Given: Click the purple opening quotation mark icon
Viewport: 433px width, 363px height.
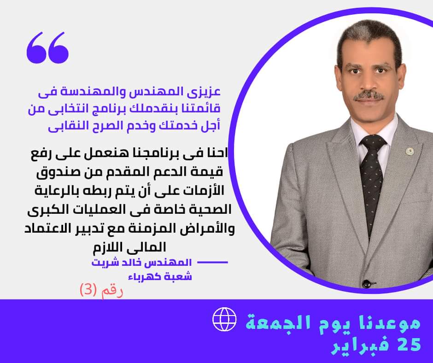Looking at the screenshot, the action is tap(47, 47).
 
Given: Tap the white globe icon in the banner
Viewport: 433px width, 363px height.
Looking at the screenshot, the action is tap(224, 319).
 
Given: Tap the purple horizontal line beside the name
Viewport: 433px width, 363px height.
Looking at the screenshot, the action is tap(213, 263).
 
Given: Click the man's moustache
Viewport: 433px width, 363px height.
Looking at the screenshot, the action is tap(369, 95).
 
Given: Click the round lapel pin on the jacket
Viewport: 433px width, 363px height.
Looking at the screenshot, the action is tap(410, 151).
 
